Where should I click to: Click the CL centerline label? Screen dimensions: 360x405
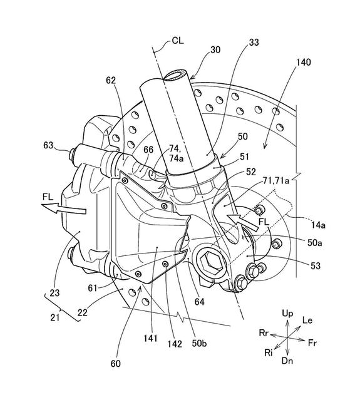[x=178, y=41]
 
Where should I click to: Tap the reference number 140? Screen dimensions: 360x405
[x=304, y=62]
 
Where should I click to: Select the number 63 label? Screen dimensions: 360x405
[x=48, y=145]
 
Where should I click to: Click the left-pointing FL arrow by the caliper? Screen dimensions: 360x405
[x=63, y=207]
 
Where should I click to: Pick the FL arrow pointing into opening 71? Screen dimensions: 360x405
[x=244, y=221]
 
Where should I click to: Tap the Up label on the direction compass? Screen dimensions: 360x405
[x=287, y=314]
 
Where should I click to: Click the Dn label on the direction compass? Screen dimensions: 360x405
[x=287, y=361]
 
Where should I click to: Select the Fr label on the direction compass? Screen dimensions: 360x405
[x=312, y=343]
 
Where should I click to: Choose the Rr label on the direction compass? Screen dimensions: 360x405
[x=264, y=333]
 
